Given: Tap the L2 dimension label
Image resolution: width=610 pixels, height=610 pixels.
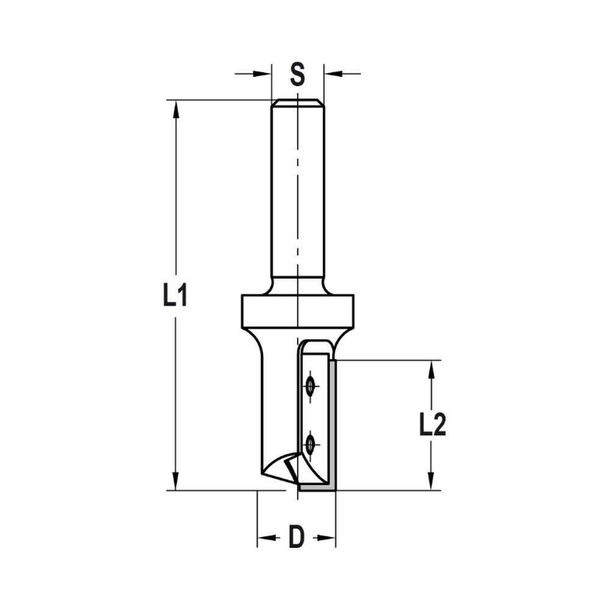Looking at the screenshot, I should (x=432, y=425).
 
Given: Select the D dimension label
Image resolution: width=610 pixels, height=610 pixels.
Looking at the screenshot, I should (x=296, y=537).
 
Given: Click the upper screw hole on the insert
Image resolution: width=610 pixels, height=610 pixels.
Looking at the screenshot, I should (x=310, y=386).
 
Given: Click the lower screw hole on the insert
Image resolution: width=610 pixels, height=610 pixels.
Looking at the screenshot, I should (x=310, y=444).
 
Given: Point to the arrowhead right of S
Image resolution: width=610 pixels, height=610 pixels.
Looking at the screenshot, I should (x=332, y=74).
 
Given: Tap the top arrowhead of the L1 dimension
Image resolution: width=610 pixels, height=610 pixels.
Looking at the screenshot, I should (x=176, y=109).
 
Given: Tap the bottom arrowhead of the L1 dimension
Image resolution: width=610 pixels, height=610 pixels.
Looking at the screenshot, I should (x=176, y=481).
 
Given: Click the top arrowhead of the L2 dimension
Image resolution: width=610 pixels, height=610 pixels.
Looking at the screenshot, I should (x=432, y=369).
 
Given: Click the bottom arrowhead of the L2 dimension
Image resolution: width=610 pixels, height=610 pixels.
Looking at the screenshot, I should (x=432, y=481).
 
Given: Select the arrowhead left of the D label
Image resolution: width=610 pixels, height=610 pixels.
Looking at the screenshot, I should (x=265, y=538).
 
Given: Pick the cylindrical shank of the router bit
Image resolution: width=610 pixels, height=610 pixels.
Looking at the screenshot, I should (x=297, y=189).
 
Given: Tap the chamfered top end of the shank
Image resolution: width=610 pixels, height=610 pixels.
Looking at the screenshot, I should (x=297, y=102).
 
